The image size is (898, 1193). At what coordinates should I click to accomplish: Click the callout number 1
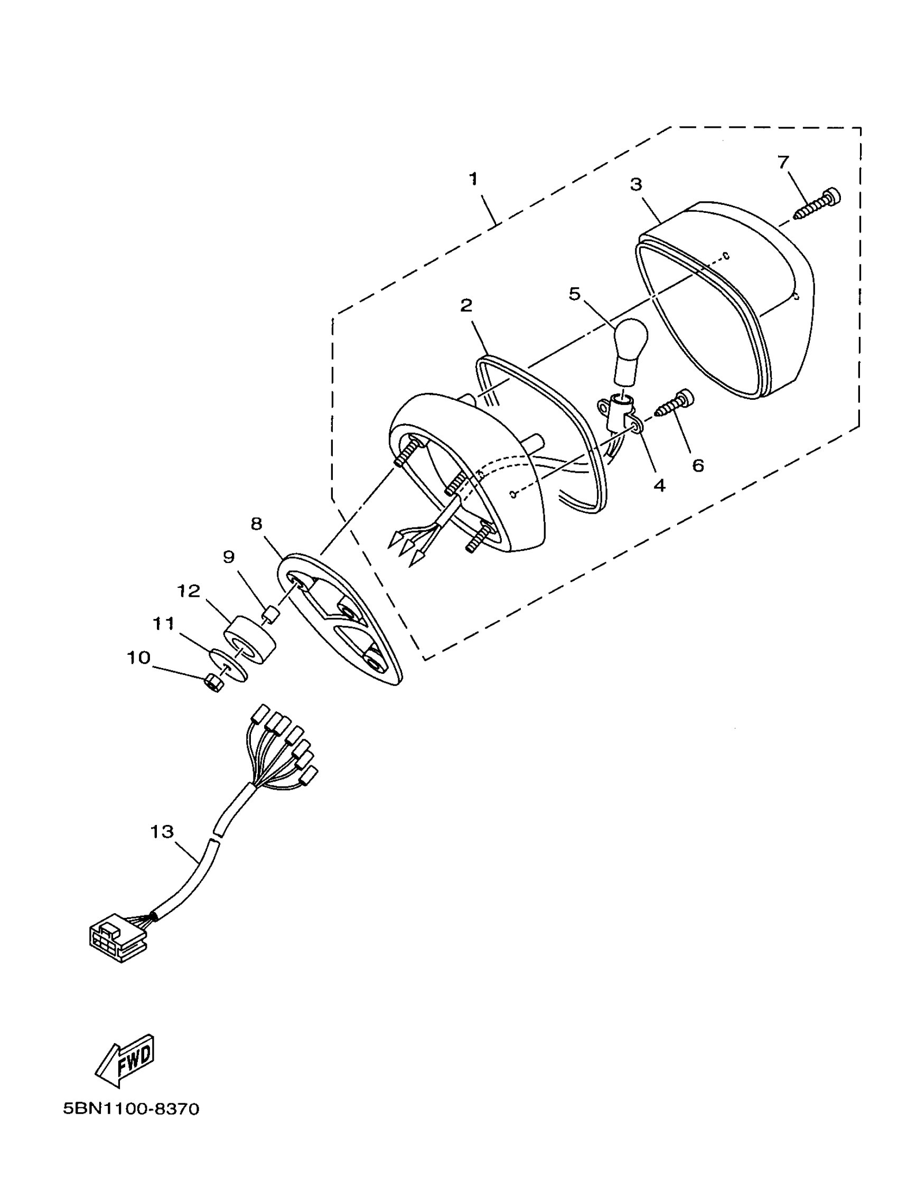[473, 179]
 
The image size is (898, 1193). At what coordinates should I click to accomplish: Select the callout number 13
[162, 831]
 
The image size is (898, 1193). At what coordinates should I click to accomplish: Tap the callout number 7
[783, 161]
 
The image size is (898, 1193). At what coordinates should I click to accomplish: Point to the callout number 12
[189, 591]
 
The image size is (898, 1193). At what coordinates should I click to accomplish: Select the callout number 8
[256, 523]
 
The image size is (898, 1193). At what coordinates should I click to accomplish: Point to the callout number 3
[636, 184]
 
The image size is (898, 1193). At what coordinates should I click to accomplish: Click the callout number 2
[466, 305]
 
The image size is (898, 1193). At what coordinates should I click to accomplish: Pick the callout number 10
[138, 658]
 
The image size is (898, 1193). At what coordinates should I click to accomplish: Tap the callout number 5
[574, 294]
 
